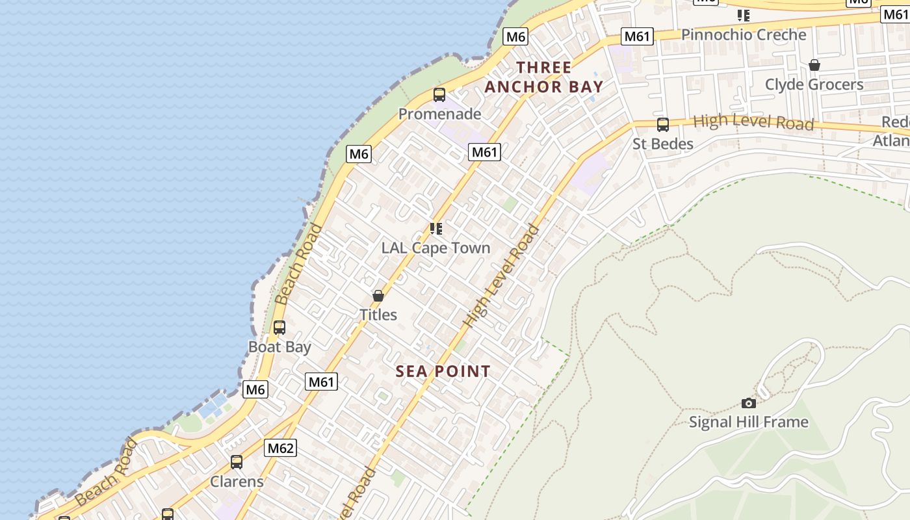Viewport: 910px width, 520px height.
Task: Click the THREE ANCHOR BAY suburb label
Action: [x=544, y=77]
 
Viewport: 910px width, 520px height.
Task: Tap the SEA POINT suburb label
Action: [x=443, y=371]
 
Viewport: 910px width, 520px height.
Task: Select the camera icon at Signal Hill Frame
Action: [x=749, y=403]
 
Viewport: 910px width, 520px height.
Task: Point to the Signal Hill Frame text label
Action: [x=748, y=422]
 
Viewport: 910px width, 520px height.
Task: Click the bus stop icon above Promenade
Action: [x=439, y=95]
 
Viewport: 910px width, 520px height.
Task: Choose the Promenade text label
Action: [x=439, y=114]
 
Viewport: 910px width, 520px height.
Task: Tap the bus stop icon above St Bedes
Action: [x=663, y=124]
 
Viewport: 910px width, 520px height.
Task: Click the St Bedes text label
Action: [x=663, y=144]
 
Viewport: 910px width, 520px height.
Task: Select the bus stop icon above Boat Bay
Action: [x=279, y=328]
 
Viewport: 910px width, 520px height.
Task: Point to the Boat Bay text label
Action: [x=279, y=346]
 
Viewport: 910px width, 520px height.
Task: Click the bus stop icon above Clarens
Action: [x=237, y=462]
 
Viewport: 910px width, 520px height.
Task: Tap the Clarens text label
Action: [x=237, y=482]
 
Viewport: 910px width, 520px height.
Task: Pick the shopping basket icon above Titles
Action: [x=378, y=296]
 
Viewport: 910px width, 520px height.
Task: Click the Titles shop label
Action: [x=378, y=315]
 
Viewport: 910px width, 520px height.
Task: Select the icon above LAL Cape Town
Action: [x=436, y=228]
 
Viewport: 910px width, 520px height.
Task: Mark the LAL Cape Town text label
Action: [x=435, y=248]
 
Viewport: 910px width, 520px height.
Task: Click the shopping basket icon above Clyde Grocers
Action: [x=814, y=65]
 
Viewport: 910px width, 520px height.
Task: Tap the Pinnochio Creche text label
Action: [x=744, y=34]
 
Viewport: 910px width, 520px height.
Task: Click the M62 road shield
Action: [x=281, y=448]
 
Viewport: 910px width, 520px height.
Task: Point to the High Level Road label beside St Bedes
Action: [x=753, y=122]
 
